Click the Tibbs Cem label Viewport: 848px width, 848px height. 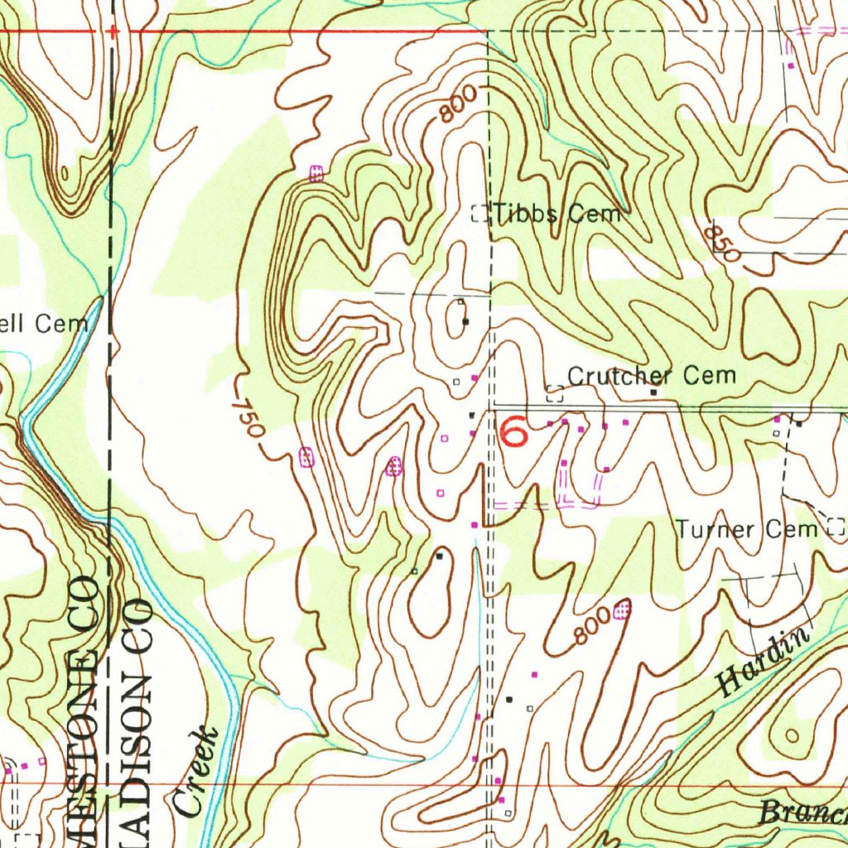pyautogui.click(x=557, y=214)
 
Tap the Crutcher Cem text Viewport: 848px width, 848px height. pyautogui.click(x=652, y=375)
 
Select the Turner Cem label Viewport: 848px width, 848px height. pyautogui.click(x=747, y=528)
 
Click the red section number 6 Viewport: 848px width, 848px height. pyautogui.click(x=513, y=431)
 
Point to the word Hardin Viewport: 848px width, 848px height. pyautogui.click(x=763, y=662)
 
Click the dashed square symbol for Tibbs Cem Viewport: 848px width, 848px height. pyautogui.click(x=479, y=214)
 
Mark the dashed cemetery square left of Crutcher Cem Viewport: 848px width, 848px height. pyautogui.click(x=555, y=393)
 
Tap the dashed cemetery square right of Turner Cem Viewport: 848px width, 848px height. pyautogui.click(x=836, y=527)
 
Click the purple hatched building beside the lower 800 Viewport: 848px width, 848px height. pyautogui.click(x=623, y=611)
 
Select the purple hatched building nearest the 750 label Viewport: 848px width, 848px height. pyautogui.click(x=306, y=456)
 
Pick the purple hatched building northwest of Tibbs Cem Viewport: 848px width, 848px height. pyautogui.click(x=316, y=173)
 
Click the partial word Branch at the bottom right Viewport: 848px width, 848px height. pyautogui.click(x=803, y=812)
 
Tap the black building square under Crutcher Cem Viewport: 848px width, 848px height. pyautogui.click(x=653, y=393)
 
